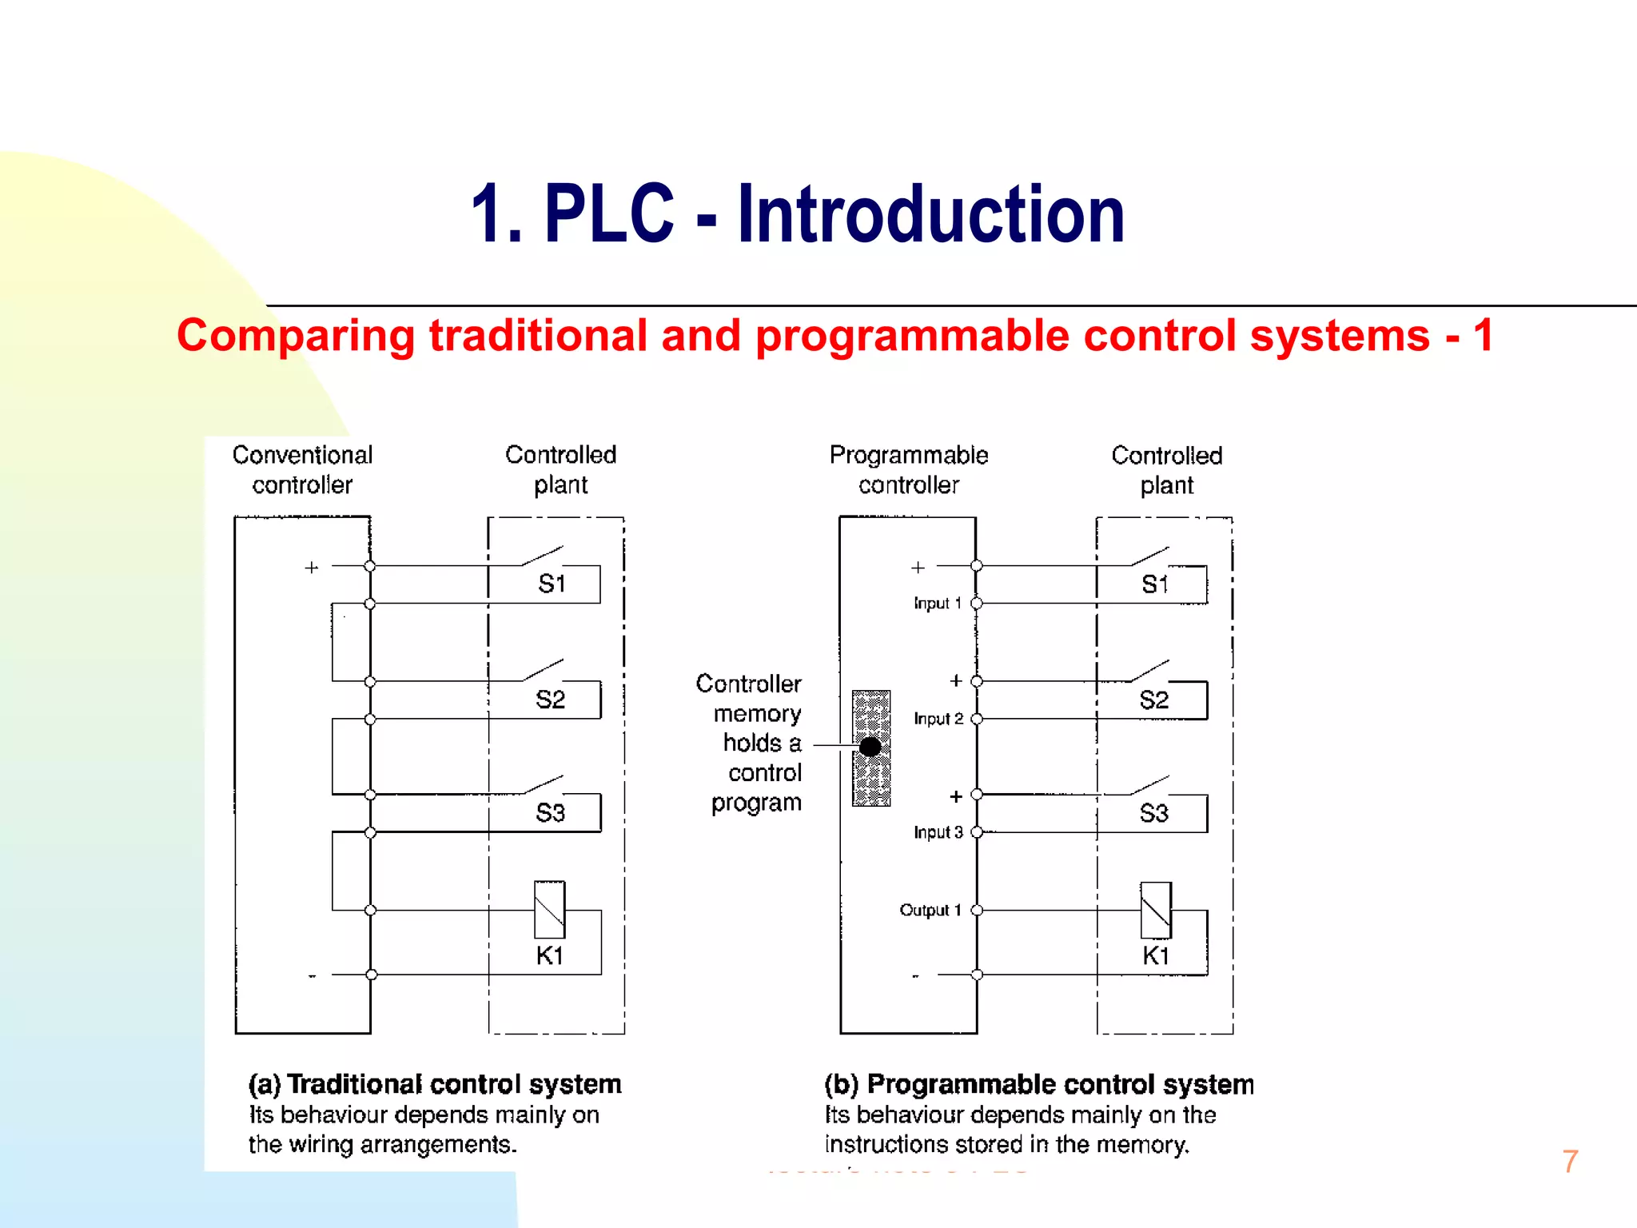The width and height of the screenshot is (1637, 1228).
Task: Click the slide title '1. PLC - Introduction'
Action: (x=798, y=214)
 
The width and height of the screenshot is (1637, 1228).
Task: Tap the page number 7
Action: (x=1570, y=1162)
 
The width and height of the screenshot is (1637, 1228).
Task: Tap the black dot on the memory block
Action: (x=870, y=747)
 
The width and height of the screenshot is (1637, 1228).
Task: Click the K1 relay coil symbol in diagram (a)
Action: (x=549, y=910)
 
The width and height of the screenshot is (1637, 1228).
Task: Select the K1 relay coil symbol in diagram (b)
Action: (x=1156, y=911)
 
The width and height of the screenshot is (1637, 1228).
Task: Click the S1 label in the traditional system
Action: (x=552, y=584)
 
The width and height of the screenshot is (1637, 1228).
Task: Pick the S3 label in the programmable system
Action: (x=1153, y=814)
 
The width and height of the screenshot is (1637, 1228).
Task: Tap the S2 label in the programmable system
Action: (x=1153, y=700)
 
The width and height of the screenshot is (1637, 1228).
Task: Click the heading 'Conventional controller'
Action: (x=302, y=470)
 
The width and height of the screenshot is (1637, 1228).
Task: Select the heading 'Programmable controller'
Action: (x=909, y=470)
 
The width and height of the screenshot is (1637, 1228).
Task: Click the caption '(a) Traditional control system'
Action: (x=435, y=1084)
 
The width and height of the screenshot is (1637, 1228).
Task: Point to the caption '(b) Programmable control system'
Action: (x=1038, y=1085)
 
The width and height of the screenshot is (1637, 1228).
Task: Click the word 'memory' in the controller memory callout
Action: (x=757, y=714)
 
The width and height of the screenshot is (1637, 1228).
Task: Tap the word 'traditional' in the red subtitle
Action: (x=538, y=335)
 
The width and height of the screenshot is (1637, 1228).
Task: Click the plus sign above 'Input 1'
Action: (x=918, y=568)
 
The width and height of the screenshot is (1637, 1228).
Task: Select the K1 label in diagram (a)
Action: (x=549, y=955)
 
